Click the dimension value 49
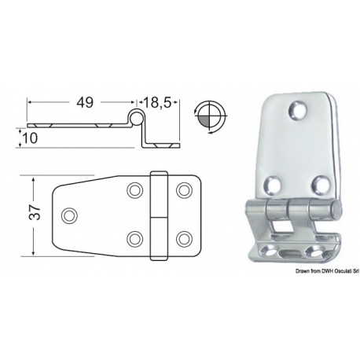pos(85,102)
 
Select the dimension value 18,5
pos(157,102)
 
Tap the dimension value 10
pos(30,138)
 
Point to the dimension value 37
pos(35,212)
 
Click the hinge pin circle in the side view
pos(136,118)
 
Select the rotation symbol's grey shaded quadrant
pos(204,121)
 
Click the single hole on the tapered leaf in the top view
pos(69,215)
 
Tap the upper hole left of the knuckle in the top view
pos(135,190)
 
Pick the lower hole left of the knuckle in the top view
pos(135,239)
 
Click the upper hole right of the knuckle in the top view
pos(184,190)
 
